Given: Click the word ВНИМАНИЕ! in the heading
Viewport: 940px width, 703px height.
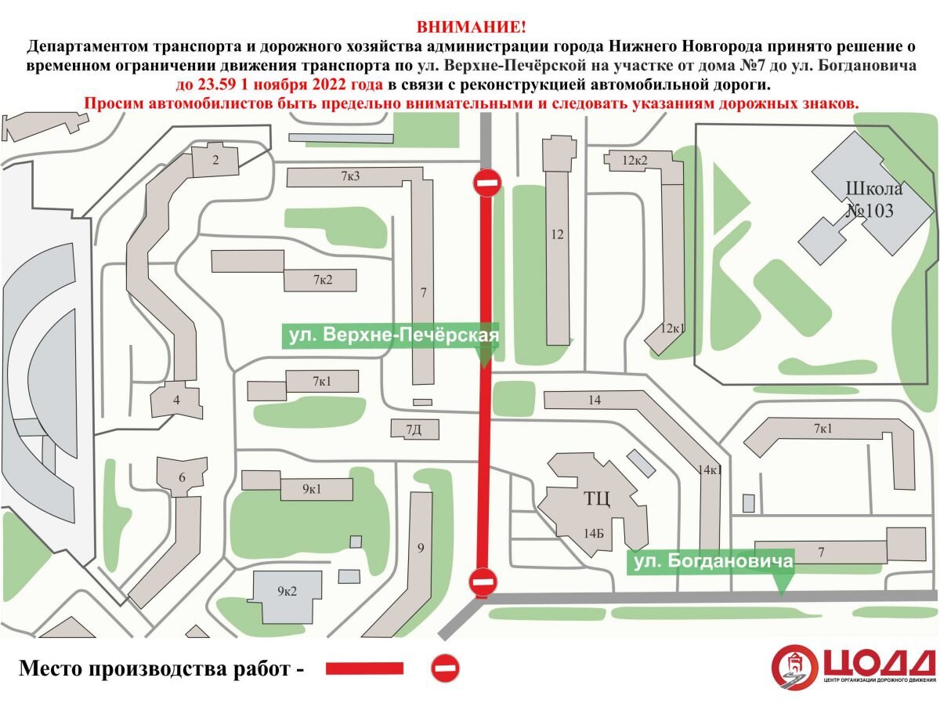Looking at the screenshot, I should [x=471, y=27].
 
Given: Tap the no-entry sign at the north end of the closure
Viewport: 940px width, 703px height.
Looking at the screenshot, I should [x=486, y=183].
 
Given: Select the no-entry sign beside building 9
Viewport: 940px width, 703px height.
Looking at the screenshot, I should [x=483, y=582].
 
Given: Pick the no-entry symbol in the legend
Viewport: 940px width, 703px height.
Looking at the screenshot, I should [x=446, y=669].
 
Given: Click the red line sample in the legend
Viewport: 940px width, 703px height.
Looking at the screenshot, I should [x=364, y=669].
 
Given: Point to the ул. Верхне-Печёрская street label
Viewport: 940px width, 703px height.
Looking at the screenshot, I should [x=391, y=336].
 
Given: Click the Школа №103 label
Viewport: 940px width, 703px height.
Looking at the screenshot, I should [x=873, y=200].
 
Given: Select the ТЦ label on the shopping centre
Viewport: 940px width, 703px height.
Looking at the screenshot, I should [x=596, y=498].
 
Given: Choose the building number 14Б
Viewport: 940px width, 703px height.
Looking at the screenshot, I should [x=593, y=532].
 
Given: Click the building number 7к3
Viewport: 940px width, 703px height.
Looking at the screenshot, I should [x=350, y=176].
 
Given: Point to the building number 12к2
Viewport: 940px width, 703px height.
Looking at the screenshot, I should [x=635, y=161].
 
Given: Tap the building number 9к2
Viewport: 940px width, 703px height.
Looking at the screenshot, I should [x=287, y=592].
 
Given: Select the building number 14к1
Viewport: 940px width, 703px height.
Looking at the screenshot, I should [x=709, y=470].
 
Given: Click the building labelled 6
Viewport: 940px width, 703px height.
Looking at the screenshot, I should [x=183, y=478].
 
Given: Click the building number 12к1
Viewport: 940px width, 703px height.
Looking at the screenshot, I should [x=672, y=328].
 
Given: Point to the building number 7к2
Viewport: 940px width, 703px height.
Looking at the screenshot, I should [x=323, y=280].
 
